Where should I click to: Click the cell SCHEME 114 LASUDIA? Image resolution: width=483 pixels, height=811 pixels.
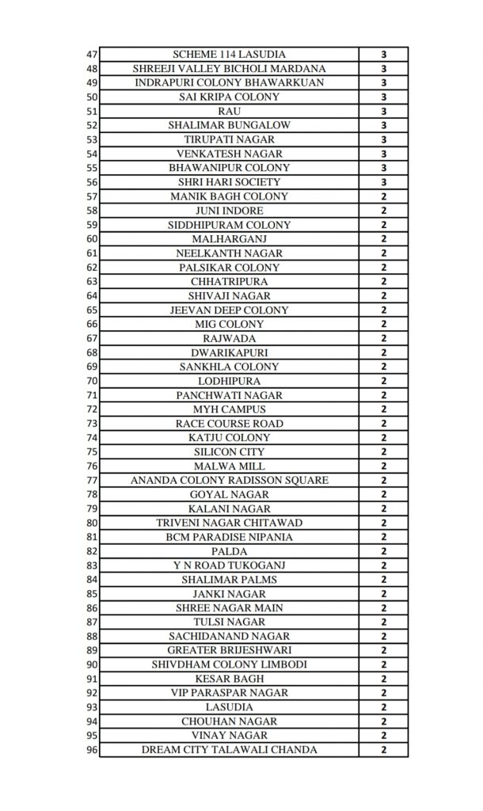coord(230,54)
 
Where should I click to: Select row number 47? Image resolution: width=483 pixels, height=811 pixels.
coord(91,54)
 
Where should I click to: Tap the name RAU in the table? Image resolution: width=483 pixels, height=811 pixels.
coord(230,111)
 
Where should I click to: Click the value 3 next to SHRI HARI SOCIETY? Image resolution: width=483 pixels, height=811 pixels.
coord(383,182)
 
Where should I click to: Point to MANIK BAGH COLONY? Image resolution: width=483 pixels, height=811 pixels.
coord(230,196)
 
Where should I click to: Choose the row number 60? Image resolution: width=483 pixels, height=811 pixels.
coord(91,239)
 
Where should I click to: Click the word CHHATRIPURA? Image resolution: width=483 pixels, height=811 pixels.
coord(230,282)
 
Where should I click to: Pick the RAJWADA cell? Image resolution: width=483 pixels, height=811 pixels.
coord(230,338)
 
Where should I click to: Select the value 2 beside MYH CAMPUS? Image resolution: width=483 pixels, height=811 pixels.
coord(383,409)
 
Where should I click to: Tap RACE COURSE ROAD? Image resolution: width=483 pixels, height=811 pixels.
coord(230,424)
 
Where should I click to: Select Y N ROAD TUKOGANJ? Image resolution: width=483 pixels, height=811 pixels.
coord(230,565)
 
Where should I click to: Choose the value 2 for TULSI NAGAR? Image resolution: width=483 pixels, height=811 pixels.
coord(383,623)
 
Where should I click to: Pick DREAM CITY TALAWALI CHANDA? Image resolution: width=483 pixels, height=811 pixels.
coord(230,750)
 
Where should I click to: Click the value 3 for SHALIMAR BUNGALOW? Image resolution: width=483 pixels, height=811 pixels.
coord(383,125)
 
